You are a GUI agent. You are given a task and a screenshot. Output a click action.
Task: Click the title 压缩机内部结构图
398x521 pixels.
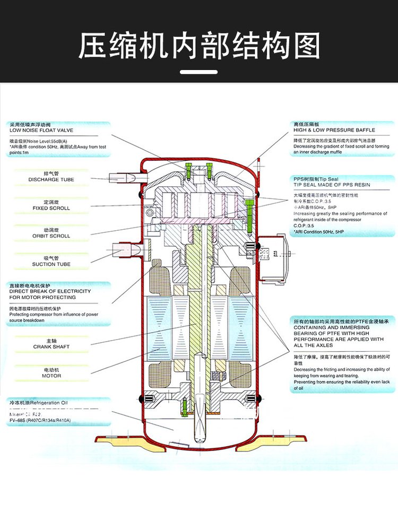point(199,46)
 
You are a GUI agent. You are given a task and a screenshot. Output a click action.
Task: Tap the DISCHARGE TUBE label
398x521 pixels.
point(51,180)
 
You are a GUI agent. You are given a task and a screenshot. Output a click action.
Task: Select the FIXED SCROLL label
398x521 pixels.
point(51,208)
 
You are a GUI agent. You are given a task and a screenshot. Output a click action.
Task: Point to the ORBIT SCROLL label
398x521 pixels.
point(51,236)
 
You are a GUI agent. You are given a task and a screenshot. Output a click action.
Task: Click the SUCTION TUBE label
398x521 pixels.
point(51,264)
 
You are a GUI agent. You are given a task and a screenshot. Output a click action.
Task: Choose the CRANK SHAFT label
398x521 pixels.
point(51,346)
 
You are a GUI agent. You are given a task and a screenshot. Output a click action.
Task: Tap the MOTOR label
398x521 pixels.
point(51,376)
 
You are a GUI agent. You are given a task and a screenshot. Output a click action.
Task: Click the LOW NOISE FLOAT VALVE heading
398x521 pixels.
point(41,130)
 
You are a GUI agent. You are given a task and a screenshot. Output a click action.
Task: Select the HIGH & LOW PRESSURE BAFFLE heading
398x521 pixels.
point(334,130)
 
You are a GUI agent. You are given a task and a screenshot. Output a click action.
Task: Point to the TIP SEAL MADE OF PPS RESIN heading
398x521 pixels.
point(332,185)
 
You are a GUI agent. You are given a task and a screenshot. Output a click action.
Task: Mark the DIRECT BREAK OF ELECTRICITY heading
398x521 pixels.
point(50,291)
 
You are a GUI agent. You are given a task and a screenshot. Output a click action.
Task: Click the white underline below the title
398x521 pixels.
point(198,72)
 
